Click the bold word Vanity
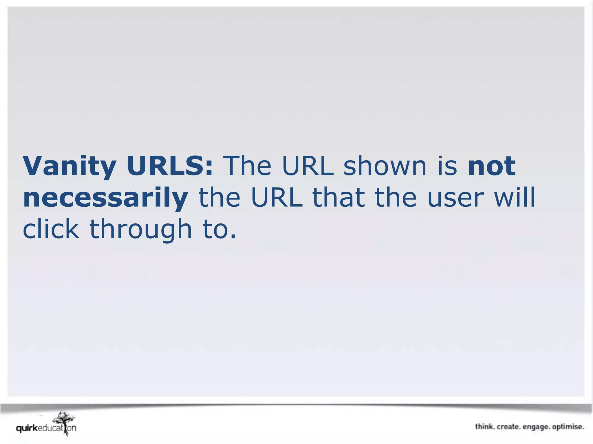[69, 166]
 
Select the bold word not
[492, 166]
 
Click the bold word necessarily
[105, 198]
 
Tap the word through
[141, 230]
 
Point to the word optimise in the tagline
[568, 427]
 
